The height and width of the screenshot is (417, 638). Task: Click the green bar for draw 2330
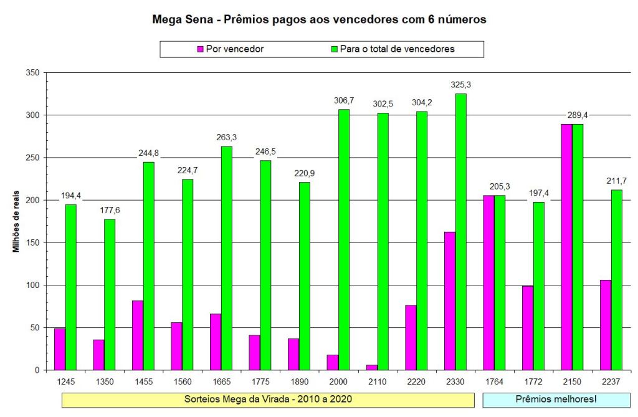pyautogui.click(x=460, y=232)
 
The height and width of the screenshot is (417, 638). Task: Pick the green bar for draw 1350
pyautogui.click(x=110, y=294)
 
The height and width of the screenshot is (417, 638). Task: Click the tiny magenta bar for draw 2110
pyautogui.click(x=372, y=367)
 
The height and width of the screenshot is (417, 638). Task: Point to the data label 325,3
pyautogui.click(x=460, y=84)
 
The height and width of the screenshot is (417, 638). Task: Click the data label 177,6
pyautogui.click(x=110, y=210)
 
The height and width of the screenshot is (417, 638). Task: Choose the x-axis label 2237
pyautogui.click(x=611, y=381)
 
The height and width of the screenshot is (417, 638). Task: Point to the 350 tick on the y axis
pyautogui.click(x=32, y=73)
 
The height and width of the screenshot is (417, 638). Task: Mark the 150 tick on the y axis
pyautogui.click(x=32, y=242)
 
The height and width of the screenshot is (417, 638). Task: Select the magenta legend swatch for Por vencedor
pyautogui.click(x=201, y=49)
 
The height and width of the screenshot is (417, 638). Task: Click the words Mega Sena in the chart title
pyautogui.click(x=181, y=19)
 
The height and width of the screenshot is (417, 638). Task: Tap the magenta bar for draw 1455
pyautogui.click(x=138, y=335)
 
